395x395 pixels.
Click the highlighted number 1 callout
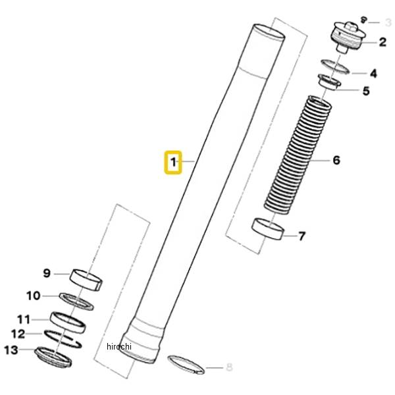(173, 162)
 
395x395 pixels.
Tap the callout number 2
(382, 42)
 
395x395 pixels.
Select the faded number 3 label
(388, 22)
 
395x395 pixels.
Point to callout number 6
(337, 160)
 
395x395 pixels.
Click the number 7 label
(302, 236)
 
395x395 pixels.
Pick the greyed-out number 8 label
(229, 367)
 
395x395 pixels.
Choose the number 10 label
(34, 296)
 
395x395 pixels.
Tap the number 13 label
(11, 350)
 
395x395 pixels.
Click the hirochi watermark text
(119, 346)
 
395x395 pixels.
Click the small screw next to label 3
(363, 20)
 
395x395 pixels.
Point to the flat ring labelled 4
(336, 66)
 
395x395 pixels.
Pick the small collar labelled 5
(330, 82)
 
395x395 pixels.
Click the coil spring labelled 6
(298, 155)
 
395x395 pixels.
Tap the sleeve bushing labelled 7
(268, 228)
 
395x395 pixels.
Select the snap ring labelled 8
(186, 364)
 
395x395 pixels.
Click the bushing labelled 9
(86, 280)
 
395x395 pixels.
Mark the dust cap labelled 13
(53, 356)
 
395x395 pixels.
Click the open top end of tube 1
(269, 32)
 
